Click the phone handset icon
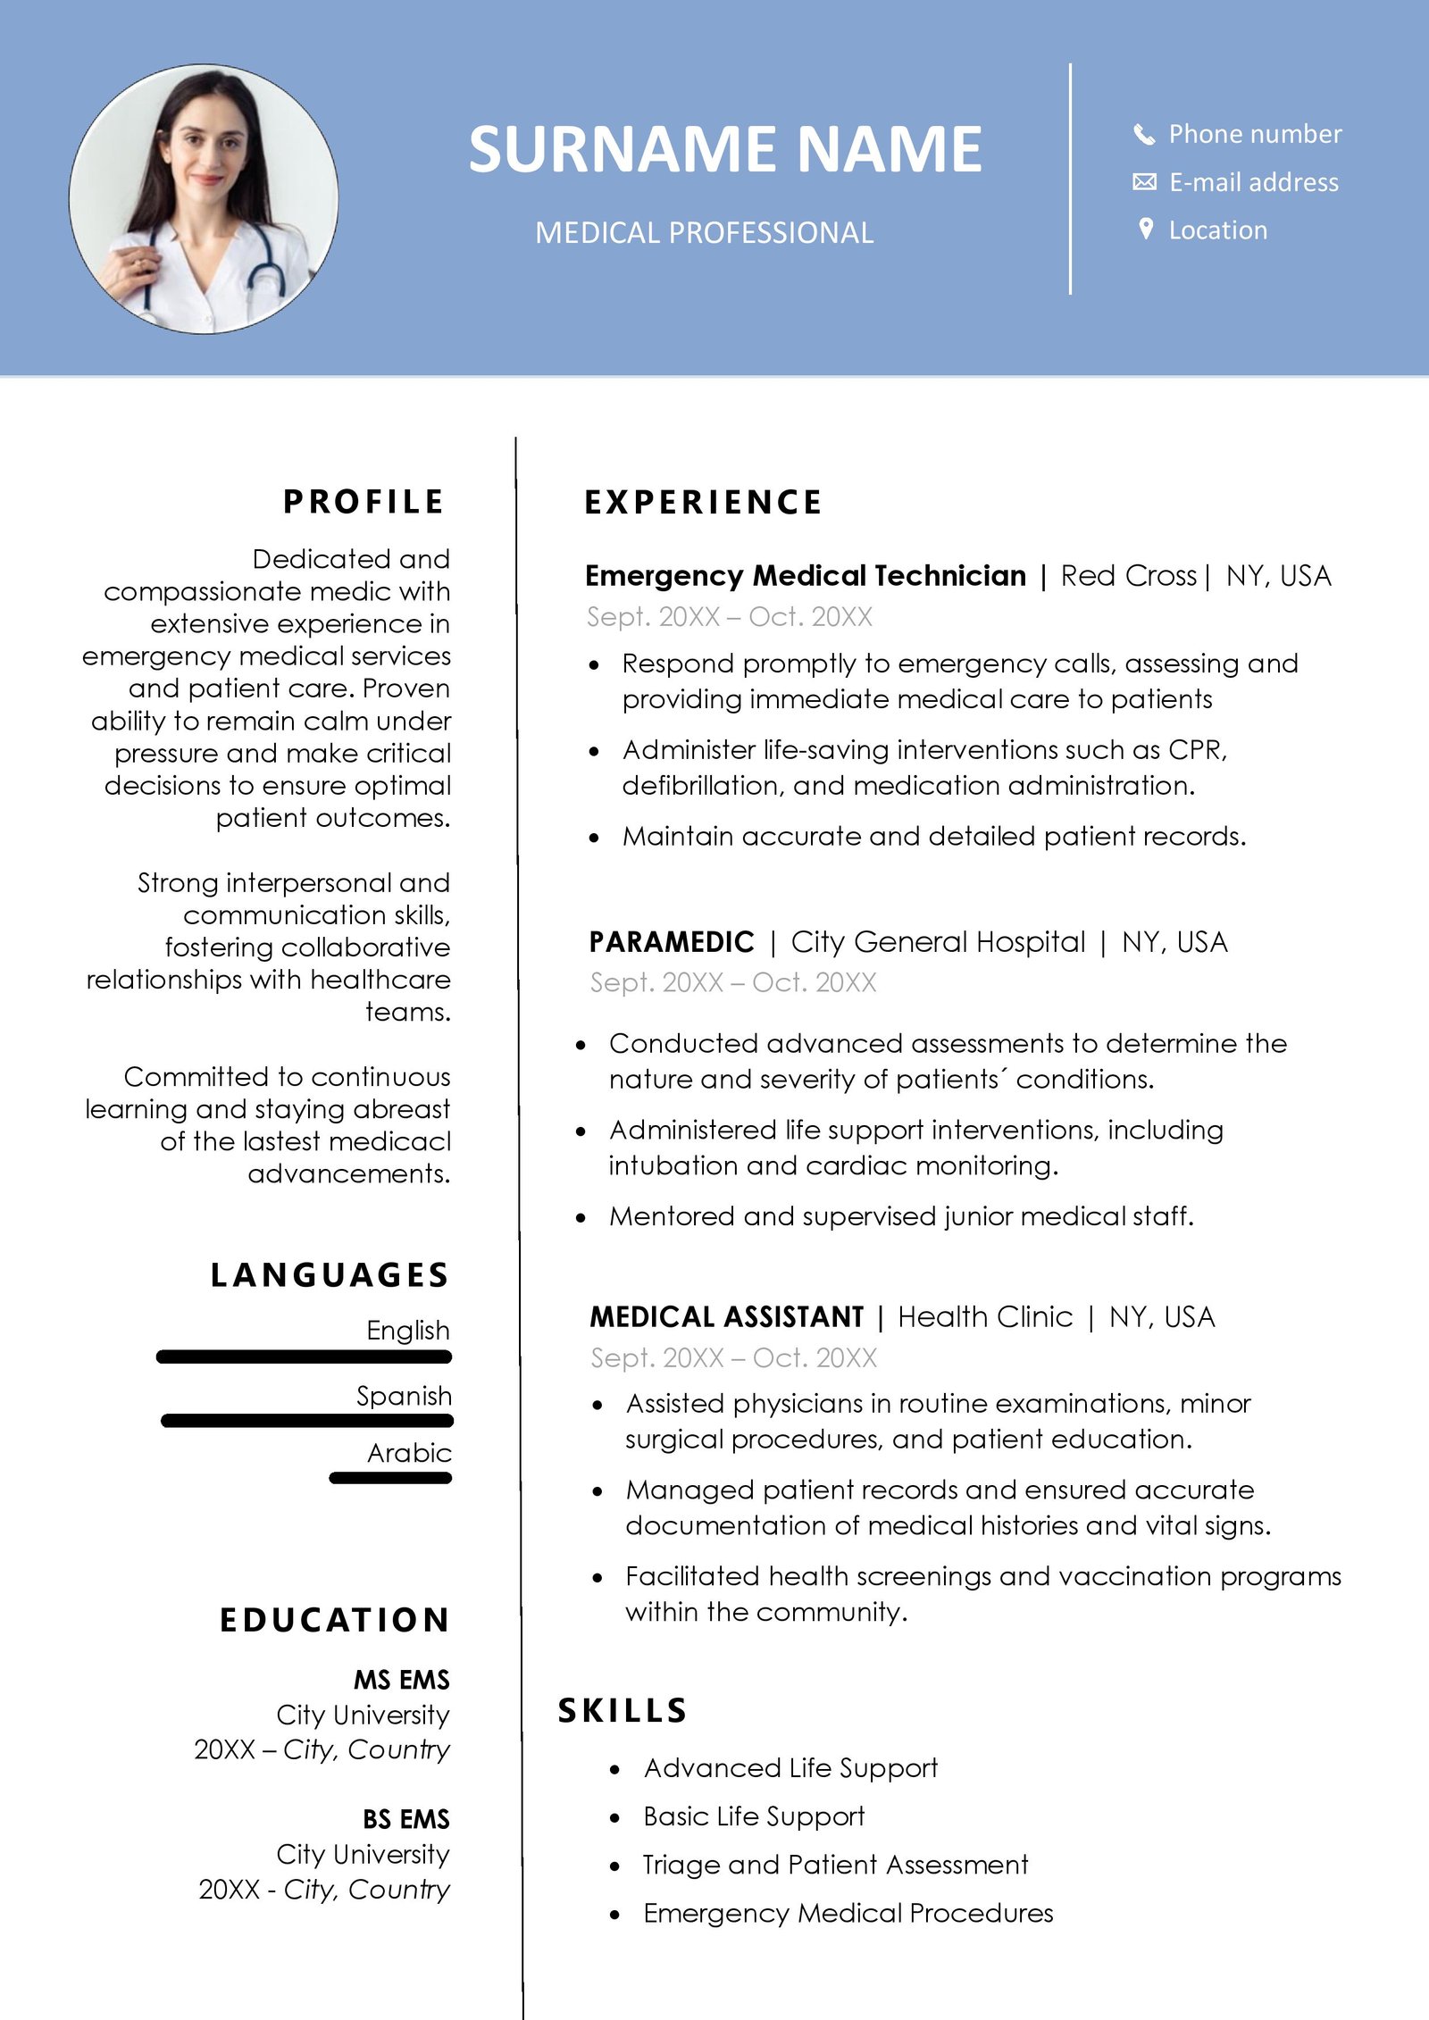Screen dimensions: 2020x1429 [x=1144, y=134]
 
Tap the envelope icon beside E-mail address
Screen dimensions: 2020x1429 [x=1144, y=182]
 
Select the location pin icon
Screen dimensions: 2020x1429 [x=1146, y=230]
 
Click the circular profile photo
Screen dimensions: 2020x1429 [x=204, y=199]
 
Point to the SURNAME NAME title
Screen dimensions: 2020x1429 [x=724, y=149]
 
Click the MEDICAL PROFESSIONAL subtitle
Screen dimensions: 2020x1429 [x=704, y=233]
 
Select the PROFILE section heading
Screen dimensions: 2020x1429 [x=364, y=502]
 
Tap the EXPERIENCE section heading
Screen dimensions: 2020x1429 [x=703, y=503]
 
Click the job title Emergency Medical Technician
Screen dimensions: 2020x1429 [x=806, y=576]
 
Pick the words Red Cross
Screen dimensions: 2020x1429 [x=1128, y=576]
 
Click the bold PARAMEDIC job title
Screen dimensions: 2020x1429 [x=672, y=942]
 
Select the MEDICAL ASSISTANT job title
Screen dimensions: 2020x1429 [x=727, y=1317]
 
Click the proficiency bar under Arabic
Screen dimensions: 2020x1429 [x=390, y=1478]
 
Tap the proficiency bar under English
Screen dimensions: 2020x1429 [x=304, y=1357]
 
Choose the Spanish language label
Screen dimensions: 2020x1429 [x=404, y=1396]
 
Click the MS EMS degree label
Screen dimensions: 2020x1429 [x=402, y=1680]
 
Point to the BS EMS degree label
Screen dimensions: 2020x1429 [x=406, y=1819]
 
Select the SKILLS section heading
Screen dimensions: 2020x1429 [x=623, y=1711]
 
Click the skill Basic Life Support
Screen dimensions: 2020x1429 [x=754, y=1816]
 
